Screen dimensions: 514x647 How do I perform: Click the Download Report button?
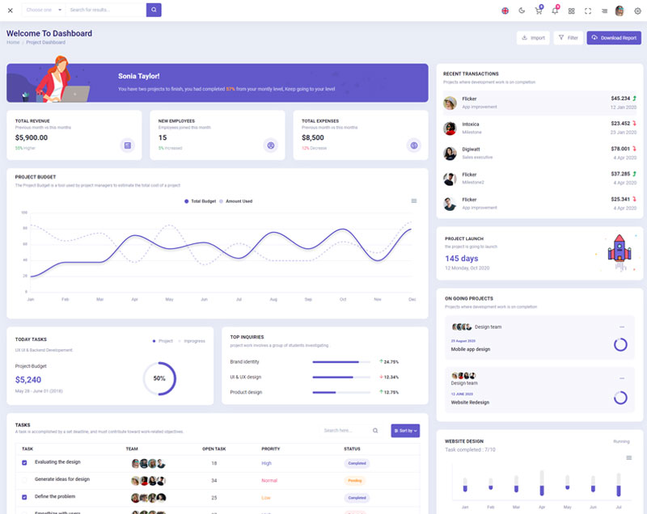click(x=614, y=38)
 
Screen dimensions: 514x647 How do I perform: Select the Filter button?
click(x=569, y=38)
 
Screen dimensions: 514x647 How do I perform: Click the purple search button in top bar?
click(x=154, y=10)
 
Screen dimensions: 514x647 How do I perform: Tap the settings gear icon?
click(x=637, y=11)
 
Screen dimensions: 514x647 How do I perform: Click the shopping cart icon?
click(x=539, y=11)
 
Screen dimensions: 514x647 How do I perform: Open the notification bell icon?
click(x=555, y=11)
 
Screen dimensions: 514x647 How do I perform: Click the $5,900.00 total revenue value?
click(x=32, y=137)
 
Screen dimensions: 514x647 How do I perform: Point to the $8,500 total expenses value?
click(x=313, y=137)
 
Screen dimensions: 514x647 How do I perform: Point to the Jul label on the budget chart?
click(x=239, y=299)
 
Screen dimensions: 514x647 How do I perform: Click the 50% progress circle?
click(x=159, y=378)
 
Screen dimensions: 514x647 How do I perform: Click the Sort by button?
click(x=405, y=431)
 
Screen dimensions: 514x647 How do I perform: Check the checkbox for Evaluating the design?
click(x=24, y=463)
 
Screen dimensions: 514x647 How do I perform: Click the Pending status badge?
click(x=354, y=480)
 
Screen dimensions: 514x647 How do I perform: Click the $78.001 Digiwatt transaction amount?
click(x=620, y=149)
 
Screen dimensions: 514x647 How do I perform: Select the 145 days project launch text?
click(x=462, y=259)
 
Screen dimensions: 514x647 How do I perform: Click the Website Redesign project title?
click(x=470, y=402)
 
